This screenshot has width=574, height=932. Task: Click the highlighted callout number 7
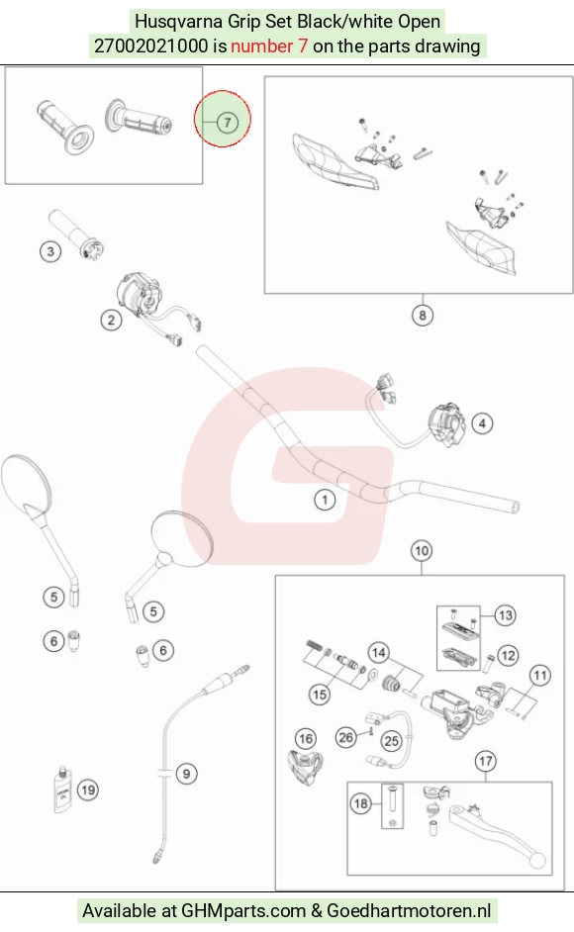pyautogui.click(x=228, y=123)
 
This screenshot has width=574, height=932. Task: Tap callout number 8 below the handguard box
pyautogui.click(x=423, y=315)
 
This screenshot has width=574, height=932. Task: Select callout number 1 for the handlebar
pyautogui.click(x=325, y=500)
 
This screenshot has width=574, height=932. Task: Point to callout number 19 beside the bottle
pyautogui.click(x=88, y=790)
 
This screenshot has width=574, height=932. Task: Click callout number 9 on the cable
pyautogui.click(x=186, y=774)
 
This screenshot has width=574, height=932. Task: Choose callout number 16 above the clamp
pyautogui.click(x=306, y=739)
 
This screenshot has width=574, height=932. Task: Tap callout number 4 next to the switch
pyautogui.click(x=482, y=423)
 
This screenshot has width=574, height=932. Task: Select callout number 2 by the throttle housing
pyautogui.click(x=111, y=321)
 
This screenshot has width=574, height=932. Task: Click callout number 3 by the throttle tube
pyautogui.click(x=50, y=251)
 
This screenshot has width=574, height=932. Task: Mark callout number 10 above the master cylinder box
pyautogui.click(x=422, y=551)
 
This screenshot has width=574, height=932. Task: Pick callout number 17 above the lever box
pyautogui.click(x=486, y=761)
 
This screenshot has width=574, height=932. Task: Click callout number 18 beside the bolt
pyautogui.click(x=361, y=803)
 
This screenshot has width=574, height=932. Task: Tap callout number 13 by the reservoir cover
pyautogui.click(x=505, y=615)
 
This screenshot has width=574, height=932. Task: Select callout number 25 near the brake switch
pyautogui.click(x=391, y=741)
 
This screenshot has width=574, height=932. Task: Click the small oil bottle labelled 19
pyautogui.click(x=62, y=791)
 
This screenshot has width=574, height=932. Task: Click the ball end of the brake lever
pyautogui.click(x=538, y=861)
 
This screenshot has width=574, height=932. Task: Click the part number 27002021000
pyautogui.click(x=151, y=46)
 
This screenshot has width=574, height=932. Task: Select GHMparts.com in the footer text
pyautogui.click(x=243, y=911)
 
